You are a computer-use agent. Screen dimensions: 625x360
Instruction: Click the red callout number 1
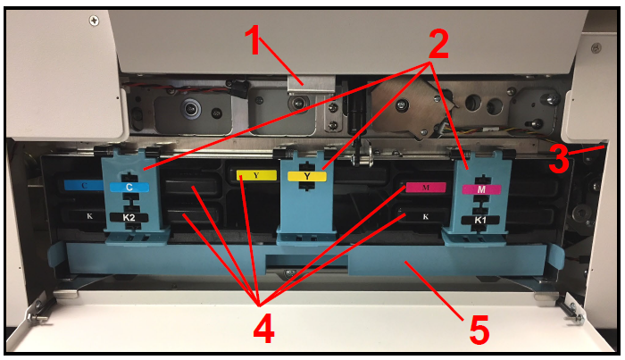pyautogui.click(x=253, y=40)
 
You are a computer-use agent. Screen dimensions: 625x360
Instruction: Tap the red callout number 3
pyautogui.click(x=559, y=159)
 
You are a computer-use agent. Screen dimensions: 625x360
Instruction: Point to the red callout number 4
pyautogui.click(x=264, y=328)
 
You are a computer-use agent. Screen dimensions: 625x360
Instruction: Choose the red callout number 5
pyautogui.click(x=479, y=331)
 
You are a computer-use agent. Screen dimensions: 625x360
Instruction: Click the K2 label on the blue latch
pyautogui.click(x=129, y=218)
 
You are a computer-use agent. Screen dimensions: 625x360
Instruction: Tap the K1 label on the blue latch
pyautogui.click(x=480, y=220)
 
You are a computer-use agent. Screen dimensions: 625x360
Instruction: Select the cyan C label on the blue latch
pyautogui.click(x=129, y=187)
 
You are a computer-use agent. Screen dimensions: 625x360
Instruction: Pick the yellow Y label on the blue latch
pyautogui.click(x=307, y=176)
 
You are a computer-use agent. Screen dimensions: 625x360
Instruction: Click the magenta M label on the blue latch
pyautogui.click(x=481, y=189)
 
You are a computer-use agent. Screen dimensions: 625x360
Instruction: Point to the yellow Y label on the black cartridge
pyautogui.click(x=256, y=175)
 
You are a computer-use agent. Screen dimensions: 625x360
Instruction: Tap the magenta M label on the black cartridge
pyautogui.click(x=426, y=188)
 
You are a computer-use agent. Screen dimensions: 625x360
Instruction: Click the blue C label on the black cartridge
pyautogui.click(x=84, y=185)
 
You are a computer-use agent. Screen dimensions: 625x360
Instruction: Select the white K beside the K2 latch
pyautogui.click(x=89, y=216)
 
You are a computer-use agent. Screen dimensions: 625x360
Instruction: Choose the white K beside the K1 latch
pyautogui.click(x=426, y=217)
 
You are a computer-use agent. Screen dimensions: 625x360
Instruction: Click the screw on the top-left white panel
pyautogui.click(x=94, y=21)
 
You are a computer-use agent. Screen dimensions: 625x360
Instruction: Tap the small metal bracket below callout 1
pyautogui.click(x=311, y=84)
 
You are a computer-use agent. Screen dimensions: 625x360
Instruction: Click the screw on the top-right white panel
pyautogui.click(x=596, y=47)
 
